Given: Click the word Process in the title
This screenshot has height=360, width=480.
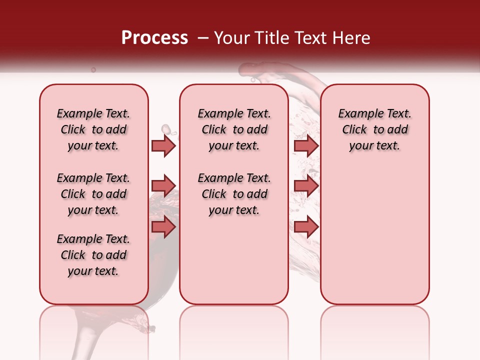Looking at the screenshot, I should [154, 38].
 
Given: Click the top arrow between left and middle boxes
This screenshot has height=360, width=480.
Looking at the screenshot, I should [163, 145].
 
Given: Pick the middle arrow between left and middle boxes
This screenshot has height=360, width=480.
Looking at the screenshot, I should [163, 186].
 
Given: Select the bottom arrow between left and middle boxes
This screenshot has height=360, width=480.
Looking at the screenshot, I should [163, 226].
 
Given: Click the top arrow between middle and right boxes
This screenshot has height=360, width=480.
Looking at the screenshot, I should [306, 145].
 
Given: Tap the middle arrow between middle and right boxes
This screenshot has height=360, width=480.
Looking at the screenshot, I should [306, 186].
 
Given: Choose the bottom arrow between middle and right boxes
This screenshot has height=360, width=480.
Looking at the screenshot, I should [306, 226].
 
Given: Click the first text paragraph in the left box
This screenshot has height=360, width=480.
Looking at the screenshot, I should [93, 129].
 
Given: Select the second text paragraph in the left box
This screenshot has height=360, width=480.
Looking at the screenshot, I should [93, 194].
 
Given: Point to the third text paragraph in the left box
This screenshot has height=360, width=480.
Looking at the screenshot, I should [93, 255].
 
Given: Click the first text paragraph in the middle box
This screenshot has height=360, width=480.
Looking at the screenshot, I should [234, 129].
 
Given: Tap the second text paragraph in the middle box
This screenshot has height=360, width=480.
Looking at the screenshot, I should [234, 194].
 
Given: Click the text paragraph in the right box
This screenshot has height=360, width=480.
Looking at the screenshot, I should [374, 129].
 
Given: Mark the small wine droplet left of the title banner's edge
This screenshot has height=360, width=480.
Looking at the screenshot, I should [93, 70].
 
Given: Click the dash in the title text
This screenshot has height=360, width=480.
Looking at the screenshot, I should [203, 38].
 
